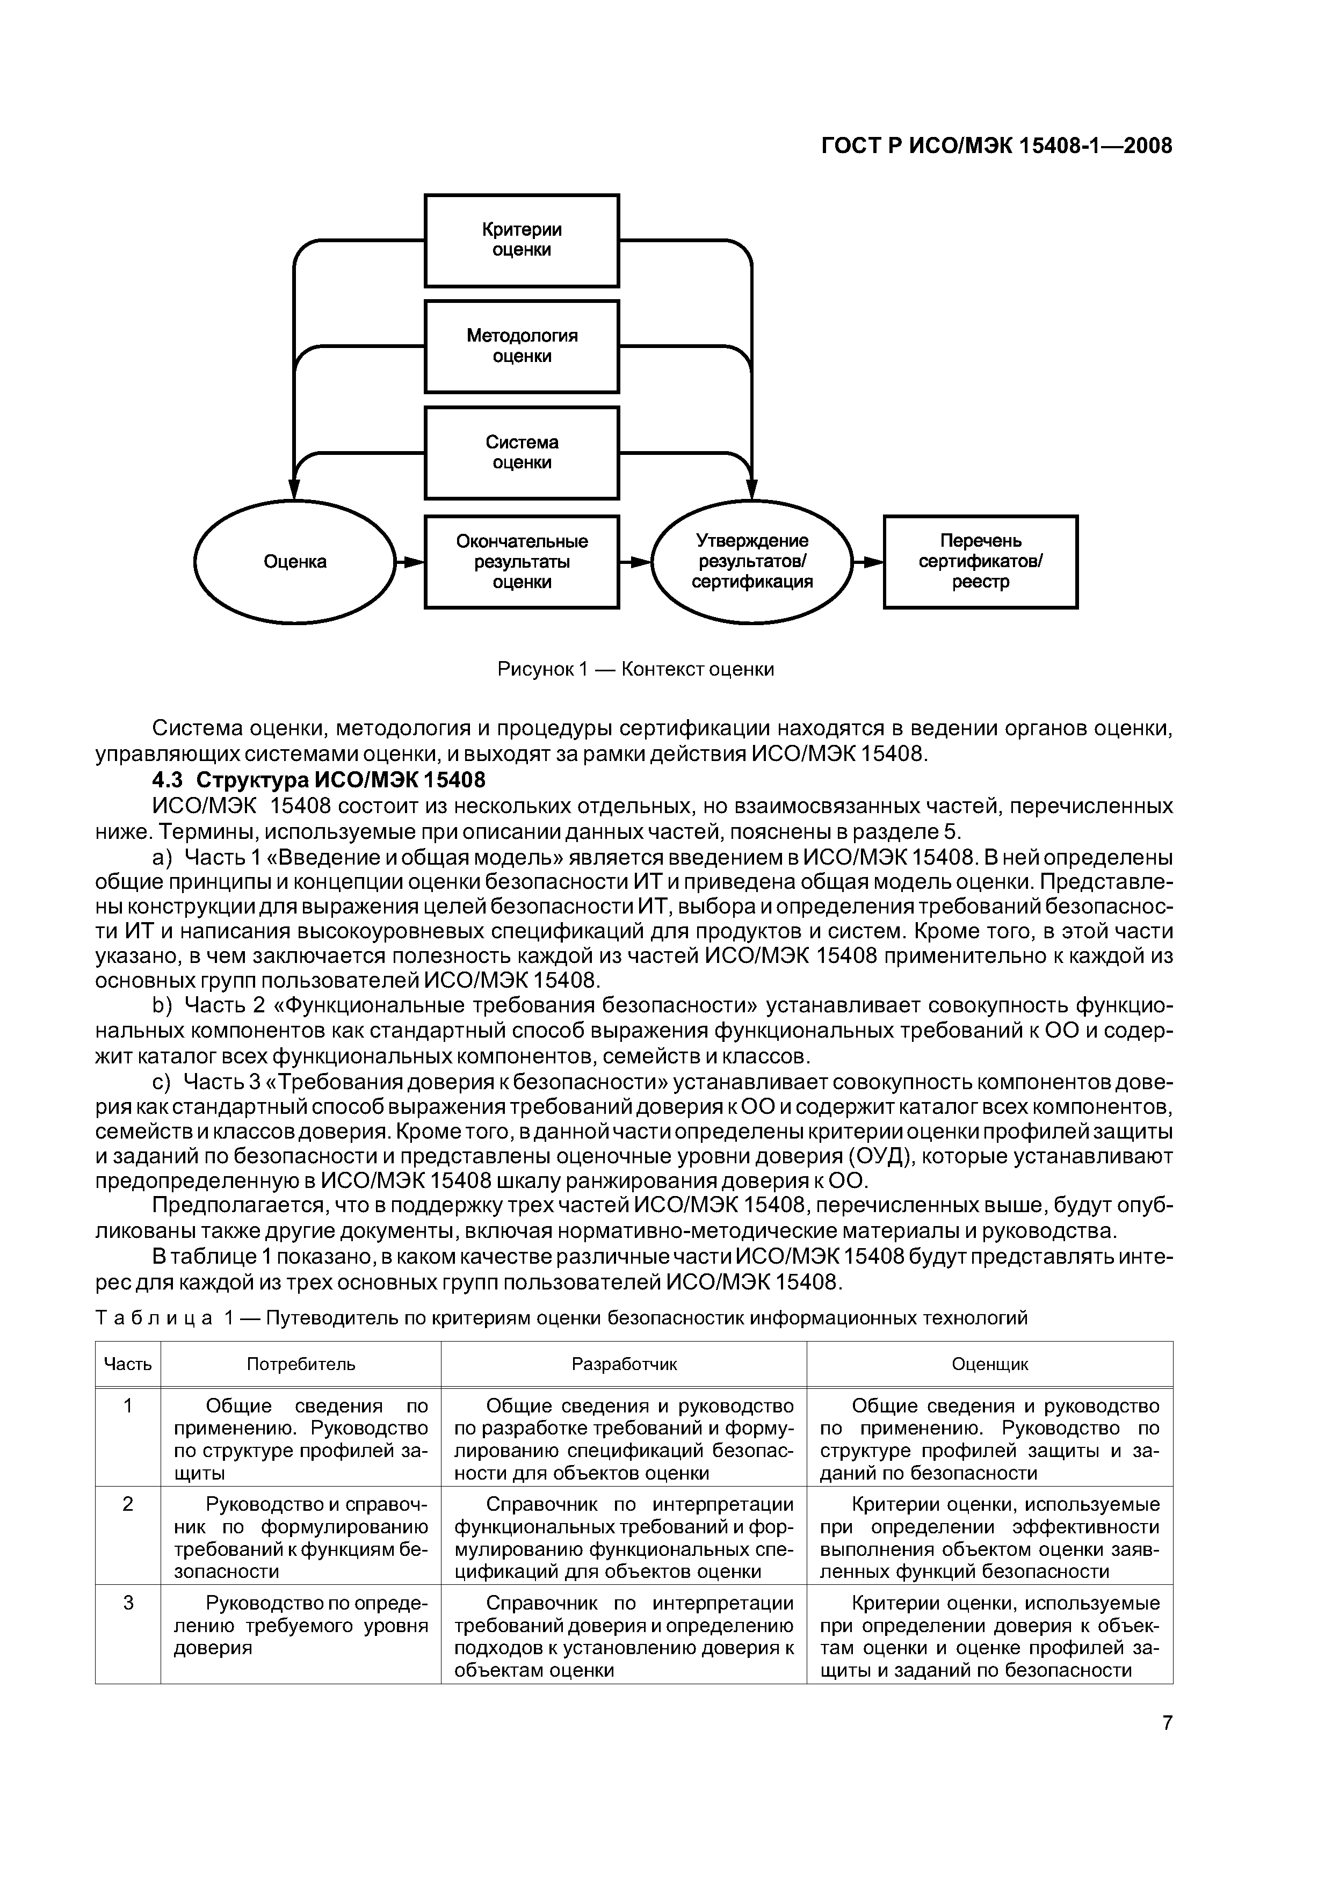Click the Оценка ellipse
(295, 562)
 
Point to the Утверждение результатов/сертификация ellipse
(752, 562)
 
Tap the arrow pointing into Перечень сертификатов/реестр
(868, 562)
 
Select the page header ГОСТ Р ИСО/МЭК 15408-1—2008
(996, 146)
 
